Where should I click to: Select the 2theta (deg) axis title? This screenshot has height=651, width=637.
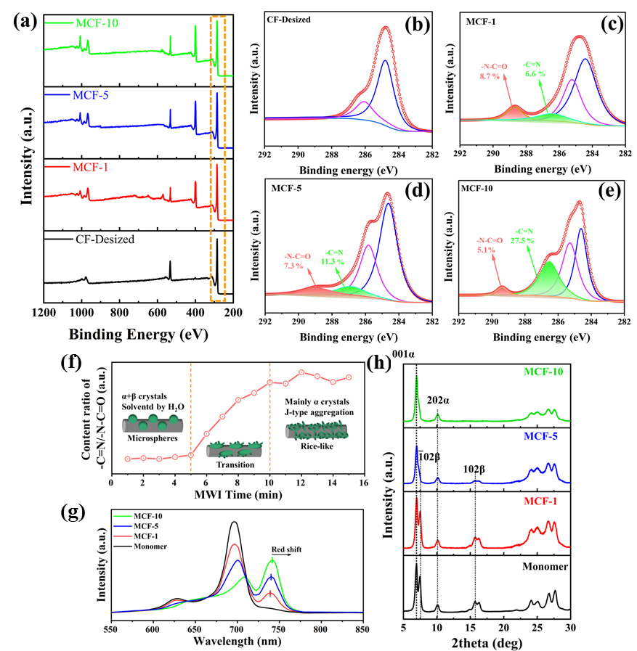click(486, 642)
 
